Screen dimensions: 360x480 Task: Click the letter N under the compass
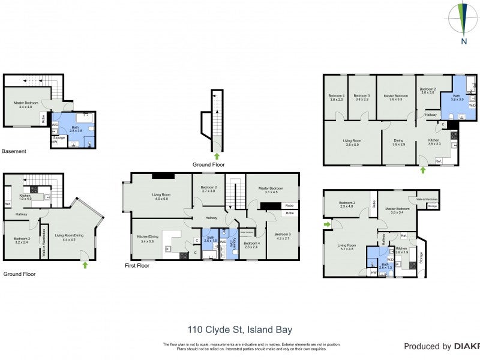click(464, 41)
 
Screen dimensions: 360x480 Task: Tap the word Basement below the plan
click(14, 151)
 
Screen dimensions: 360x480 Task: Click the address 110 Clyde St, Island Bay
click(240, 329)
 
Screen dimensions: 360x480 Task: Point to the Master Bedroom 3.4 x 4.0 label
click(26, 105)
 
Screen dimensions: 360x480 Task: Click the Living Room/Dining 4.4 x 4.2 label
click(70, 236)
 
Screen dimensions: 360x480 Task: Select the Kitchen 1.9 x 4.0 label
click(25, 197)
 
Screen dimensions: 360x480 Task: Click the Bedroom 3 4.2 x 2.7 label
click(283, 236)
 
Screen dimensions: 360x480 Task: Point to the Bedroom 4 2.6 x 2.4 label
click(251, 245)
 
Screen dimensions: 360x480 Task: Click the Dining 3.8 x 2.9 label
click(399, 143)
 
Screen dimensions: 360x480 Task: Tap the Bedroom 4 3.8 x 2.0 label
click(336, 98)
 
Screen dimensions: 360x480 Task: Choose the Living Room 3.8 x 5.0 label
click(352, 143)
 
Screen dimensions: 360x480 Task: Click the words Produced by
click(427, 346)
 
